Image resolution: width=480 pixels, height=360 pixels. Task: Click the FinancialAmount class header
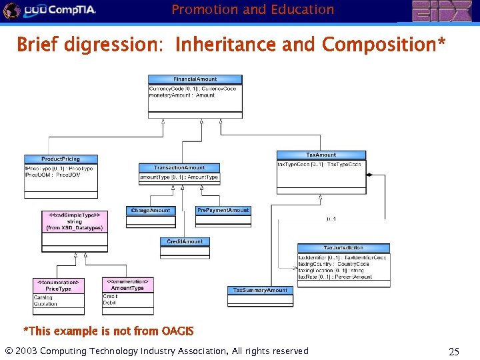pyautogui.click(x=195, y=79)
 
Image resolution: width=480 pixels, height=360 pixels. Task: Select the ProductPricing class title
pyautogui.click(x=61, y=159)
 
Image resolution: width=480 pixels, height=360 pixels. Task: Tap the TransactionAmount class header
pyautogui.click(x=179, y=167)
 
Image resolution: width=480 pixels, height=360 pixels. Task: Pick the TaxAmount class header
pyautogui.click(x=321, y=155)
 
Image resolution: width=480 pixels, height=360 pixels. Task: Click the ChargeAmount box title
pyautogui.click(x=151, y=211)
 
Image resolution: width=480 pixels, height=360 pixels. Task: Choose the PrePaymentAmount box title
pyautogui.click(x=223, y=210)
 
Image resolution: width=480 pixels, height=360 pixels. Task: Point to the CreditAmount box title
pyautogui.click(x=185, y=241)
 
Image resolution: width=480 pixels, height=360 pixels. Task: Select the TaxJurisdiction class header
pyautogui.click(x=343, y=248)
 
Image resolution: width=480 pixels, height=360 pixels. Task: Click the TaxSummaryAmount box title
pyautogui.click(x=260, y=290)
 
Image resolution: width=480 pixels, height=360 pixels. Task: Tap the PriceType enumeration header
pyautogui.click(x=59, y=285)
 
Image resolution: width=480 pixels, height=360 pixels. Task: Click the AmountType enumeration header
pyautogui.click(x=128, y=285)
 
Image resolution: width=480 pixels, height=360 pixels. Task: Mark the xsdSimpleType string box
pyautogui.click(x=73, y=221)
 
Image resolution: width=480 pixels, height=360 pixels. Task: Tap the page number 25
pyautogui.click(x=454, y=351)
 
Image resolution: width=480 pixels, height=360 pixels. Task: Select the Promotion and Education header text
pyautogui.click(x=253, y=9)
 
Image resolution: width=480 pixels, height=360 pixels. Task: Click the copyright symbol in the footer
pyautogui.click(x=9, y=351)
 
